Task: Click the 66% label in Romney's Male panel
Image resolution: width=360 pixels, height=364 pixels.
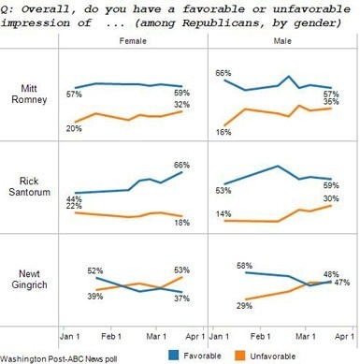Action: pyautogui.click(x=223, y=72)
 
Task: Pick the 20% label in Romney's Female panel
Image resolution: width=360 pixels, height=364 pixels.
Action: pyautogui.click(x=72, y=127)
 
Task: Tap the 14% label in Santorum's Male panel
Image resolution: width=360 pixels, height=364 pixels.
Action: pyautogui.click(x=223, y=214)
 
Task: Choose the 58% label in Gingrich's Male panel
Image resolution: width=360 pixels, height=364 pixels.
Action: pyautogui.click(x=246, y=266)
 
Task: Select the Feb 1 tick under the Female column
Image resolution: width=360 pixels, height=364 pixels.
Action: pyautogui.click(x=111, y=334)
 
